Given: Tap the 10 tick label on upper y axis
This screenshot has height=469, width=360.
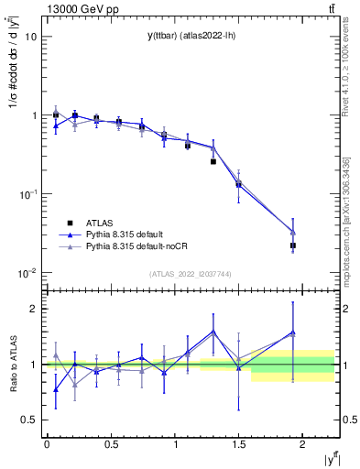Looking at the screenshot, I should (31, 37).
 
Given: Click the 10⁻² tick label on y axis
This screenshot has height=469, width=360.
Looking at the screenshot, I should (28, 272).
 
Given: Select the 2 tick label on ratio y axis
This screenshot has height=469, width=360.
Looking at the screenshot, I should (33, 309).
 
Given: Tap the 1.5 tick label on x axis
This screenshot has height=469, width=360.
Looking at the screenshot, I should (238, 443).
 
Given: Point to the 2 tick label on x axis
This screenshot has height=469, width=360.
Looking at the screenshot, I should (301, 443).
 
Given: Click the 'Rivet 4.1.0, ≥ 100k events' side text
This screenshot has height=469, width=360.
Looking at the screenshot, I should (346, 82).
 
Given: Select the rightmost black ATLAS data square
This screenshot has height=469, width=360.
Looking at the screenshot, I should (293, 245).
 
